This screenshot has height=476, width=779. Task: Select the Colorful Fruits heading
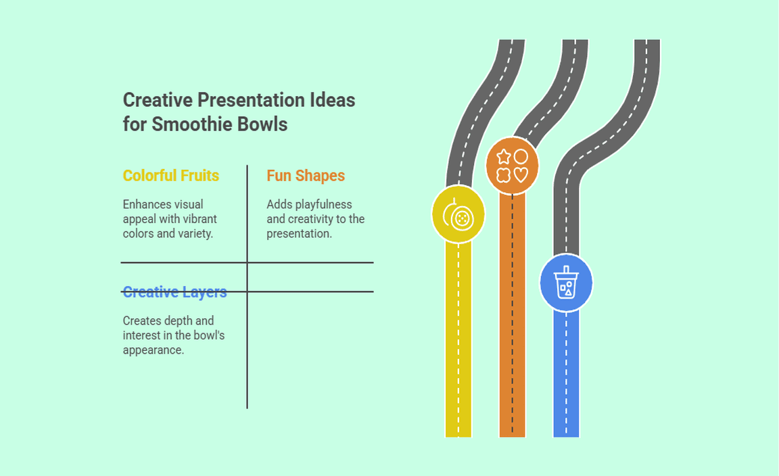tap(171, 175)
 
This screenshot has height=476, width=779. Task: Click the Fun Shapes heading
tap(306, 175)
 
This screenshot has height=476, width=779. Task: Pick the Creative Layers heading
tap(175, 291)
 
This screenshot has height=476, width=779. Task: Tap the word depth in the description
tap(177, 320)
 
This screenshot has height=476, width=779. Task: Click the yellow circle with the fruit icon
tap(458, 214)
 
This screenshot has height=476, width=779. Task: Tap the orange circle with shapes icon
tap(512, 166)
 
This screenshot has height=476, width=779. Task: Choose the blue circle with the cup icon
tap(566, 283)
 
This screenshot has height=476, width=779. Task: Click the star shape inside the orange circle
tap(504, 157)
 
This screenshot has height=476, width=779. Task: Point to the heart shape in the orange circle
tap(521, 174)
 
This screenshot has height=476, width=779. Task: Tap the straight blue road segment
tap(566, 374)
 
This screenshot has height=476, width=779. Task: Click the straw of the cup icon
tap(566, 269)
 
